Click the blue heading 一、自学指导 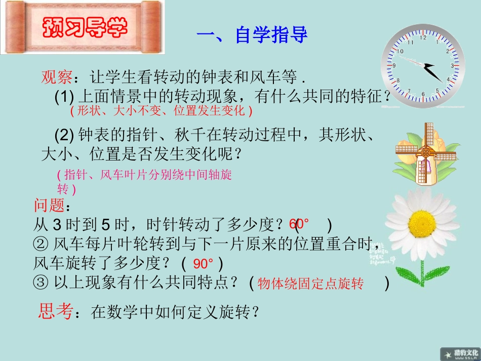click(x=252, y=36)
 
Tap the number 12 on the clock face click(x=423, y=37)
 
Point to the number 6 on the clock click(x=423, y=94)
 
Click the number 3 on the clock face click(x=452, y=66)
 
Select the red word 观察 click(x=57, y=78)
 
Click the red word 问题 click(x=49, y=206)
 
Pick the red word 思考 click(x=55, y=311)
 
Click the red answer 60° click(x=299, y=224)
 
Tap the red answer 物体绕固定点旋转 click(x=310, y=284)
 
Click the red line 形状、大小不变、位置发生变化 click(x=161, y=110)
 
